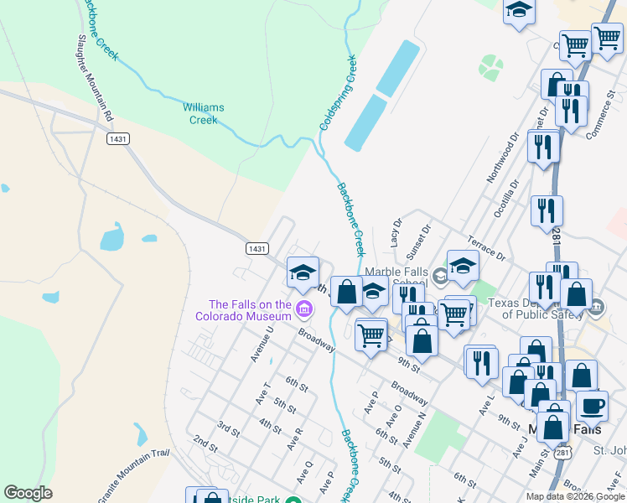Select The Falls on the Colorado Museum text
pos(250,310)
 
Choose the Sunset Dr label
pos(417,241)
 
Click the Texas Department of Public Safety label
pos(546,309)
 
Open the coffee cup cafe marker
pos(592,407)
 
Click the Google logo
pos(28,493)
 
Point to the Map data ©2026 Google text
pos(575,496)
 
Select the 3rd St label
pos(228,429)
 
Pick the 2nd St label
pos(205,442)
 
